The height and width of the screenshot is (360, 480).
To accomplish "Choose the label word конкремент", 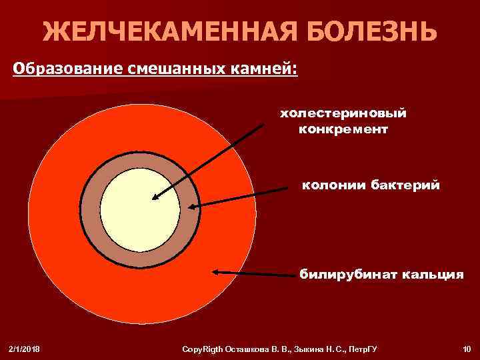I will (x=343, y=128).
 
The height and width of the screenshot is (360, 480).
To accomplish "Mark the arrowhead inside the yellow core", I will (x=155, y=197).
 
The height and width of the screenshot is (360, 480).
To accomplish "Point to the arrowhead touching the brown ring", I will (x=193, y=207).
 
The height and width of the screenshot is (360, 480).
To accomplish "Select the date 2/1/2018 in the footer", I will (x=24, y=349).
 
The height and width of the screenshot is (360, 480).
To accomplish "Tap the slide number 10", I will (x=465, y=349).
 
